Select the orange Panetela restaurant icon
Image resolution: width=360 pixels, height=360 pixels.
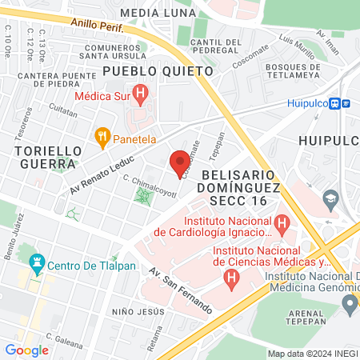102,137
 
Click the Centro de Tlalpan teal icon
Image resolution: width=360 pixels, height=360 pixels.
36,262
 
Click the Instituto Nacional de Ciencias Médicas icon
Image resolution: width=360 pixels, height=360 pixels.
232,278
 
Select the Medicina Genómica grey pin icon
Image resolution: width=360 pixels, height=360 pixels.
348,303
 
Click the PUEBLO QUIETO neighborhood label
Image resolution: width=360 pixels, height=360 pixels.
158,71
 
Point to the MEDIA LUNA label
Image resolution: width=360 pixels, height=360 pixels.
157,13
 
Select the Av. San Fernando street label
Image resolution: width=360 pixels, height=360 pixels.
181,289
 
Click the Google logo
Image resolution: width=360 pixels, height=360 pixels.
26,350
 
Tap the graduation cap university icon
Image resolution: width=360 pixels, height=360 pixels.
329,197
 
